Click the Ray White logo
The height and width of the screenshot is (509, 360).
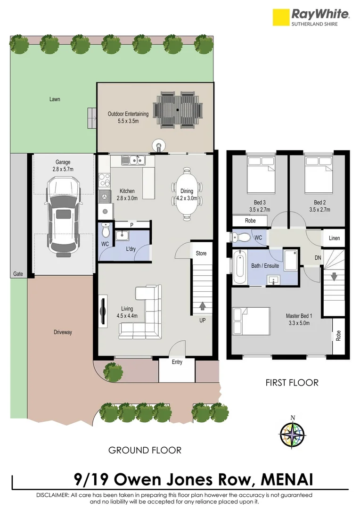tap(311, 17)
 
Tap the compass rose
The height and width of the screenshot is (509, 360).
tap(292, 433)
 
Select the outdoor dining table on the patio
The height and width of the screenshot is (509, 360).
tap(178, 109)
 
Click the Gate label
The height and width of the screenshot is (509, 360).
tap(18, 274)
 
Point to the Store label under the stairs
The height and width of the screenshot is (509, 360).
tap(201, 254)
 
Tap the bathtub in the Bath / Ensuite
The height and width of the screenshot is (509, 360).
tap(239, 267)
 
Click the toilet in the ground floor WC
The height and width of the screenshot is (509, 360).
tap(106, 231)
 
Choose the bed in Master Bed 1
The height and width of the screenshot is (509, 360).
tap(251, 320)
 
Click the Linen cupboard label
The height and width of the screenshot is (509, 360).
tap(334, 238)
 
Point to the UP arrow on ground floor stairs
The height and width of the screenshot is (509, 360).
tap(203, 306)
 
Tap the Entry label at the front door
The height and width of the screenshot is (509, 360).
tap(177, 362)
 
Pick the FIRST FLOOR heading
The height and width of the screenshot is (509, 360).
tap(292, 382)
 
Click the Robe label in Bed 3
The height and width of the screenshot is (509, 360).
tap(251, 221)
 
